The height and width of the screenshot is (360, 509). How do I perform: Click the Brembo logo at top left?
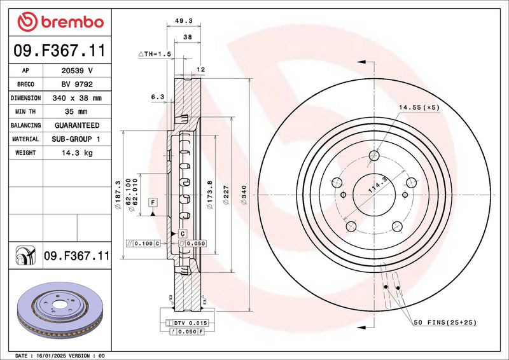[x=60, y=22]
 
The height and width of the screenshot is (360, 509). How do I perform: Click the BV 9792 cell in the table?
[x=77, y=85]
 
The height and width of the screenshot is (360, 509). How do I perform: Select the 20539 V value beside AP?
[x=77, y=71]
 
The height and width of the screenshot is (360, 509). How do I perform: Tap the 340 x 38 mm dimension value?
[x=77, y=98]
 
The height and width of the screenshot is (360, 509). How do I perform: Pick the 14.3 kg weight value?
[x=77, y=153]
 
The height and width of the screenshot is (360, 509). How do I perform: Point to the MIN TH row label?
[x=25, y=112]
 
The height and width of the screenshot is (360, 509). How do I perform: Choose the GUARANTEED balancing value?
[x=77, y=125]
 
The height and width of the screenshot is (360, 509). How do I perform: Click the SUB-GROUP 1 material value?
[x=76, y=139]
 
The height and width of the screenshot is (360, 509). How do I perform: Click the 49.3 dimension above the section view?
[x=184, y=21]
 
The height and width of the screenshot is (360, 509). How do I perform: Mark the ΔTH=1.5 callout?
[x=155, y=54]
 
